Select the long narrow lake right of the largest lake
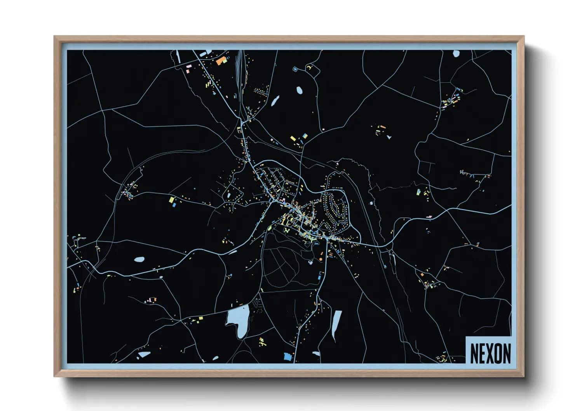click(336, 323)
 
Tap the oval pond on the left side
click(139, 259)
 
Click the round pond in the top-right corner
click(456, 54)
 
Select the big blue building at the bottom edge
click(288, 356)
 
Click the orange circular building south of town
click(321, 259)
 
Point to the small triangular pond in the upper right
click(389, 137)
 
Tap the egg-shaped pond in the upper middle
click(299, 91)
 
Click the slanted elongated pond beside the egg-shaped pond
click(275, 101)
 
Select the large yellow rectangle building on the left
click(171, 200)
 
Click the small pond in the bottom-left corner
click(144, 354)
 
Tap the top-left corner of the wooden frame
click(55, 37)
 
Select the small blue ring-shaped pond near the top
click(295, 69)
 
